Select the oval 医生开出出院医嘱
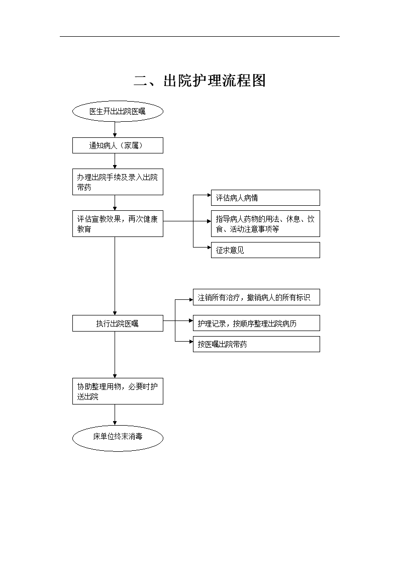click(x=118, y=111)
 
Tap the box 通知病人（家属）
click(x=118, y=145)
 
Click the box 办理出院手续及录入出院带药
click(x=118, y=182)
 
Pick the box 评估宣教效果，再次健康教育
click(x=118, y=224)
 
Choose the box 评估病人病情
click(x=265, y=198)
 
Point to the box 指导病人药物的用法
click(x=265, y=224)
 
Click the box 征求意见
click(x=265, y=250)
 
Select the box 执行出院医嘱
click(x=118, y=323)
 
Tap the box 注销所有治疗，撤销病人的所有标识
click(x=256, y=297)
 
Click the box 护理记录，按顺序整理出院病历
click(x=256, y=323)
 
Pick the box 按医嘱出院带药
click(x=256, y=344)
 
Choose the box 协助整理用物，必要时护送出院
click(x=118, y=391)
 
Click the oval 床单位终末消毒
click(x=118, y=438)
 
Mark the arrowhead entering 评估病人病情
click(x=209, y=195)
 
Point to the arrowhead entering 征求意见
click(x=209, y=248)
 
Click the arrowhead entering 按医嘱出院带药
click(x=191, y=342)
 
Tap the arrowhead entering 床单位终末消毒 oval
click(x=115, y=423)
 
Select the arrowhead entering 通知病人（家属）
click(x=115, y=135)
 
